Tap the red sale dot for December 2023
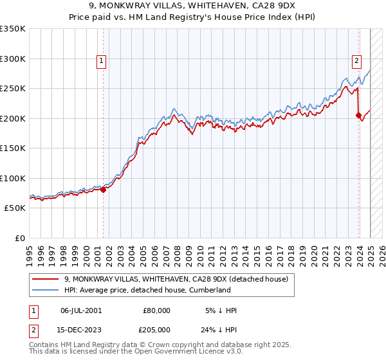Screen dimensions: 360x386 (358, 116)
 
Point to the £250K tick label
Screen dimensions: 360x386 (13, 89)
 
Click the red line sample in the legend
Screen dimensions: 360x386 (45, 279)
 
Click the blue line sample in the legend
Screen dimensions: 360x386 (45, 290)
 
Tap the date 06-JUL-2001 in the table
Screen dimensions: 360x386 (80, 310)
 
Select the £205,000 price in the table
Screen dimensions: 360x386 (156, 330)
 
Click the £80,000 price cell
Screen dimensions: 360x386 (156, 310)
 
